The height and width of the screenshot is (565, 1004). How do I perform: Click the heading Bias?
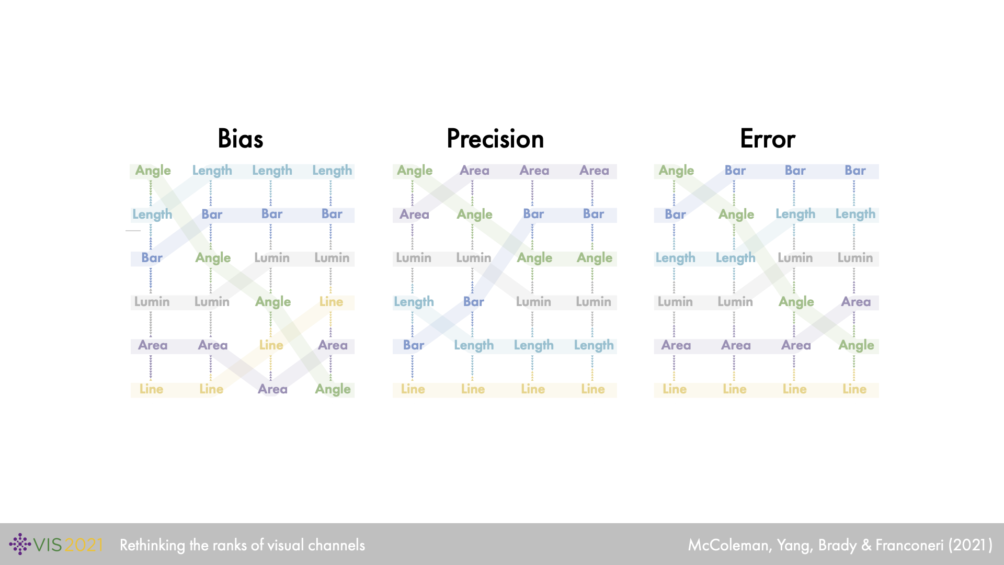pos(240,139)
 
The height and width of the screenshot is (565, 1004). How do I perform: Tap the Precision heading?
pos(495,139)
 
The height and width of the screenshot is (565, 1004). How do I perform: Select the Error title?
pos(767,139)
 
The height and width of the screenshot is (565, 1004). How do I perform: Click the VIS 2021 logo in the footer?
pos(56,545)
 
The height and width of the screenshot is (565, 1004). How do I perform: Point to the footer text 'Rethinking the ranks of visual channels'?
pos(242,545)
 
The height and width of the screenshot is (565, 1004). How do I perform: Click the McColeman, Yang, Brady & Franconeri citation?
pos(840,545)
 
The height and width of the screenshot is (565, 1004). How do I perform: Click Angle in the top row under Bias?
pos(153,171)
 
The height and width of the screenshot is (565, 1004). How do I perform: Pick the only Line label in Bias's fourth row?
pos(331,302)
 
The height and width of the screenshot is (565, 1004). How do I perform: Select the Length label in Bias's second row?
pos(152,214)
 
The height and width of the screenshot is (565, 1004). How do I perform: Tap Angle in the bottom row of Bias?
pos(333,389)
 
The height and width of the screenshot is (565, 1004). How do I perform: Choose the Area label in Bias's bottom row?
pos(272,389)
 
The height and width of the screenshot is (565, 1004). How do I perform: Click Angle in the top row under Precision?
pos(415,171)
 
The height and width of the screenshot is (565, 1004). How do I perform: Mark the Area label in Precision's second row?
pos(414,214)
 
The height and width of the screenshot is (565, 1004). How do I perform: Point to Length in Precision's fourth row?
pos(414,302)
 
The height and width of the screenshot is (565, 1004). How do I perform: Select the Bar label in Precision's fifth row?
pos(413,345)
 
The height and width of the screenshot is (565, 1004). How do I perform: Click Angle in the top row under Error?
pos(676,171)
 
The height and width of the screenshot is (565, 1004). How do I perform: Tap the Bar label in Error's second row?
pos(675,214)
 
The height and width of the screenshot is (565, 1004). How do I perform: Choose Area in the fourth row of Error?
pos(855,302)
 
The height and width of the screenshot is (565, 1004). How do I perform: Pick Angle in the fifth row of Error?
pos(856,345)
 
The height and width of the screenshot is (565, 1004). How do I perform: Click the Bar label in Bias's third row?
pos(152,258)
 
